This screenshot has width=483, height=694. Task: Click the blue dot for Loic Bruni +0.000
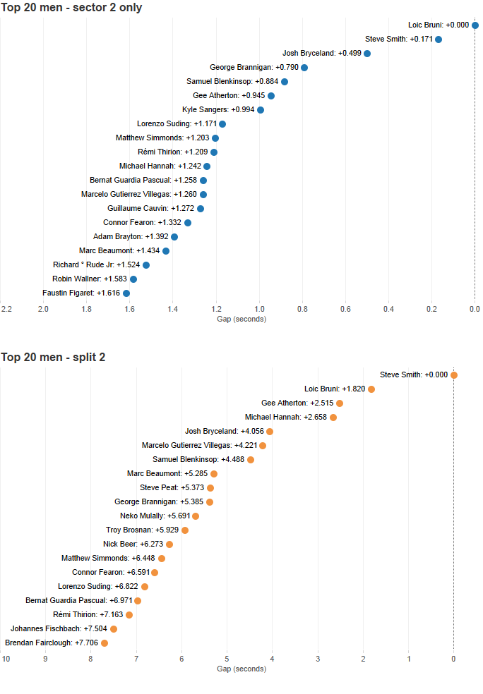(x=475, y=25)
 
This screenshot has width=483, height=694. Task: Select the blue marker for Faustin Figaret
(x=126, y=293)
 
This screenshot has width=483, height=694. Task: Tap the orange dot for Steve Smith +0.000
(x=454, y=375)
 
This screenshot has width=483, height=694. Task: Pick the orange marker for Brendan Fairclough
(x=105, y=643)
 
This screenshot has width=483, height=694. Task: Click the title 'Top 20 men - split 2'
(x=54, y=358)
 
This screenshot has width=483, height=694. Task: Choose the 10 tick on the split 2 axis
(x=6, y=659)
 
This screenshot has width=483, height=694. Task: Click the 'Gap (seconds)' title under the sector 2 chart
(x=241, y=319)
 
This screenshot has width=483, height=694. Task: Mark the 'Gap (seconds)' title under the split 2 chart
(x=241, y=669)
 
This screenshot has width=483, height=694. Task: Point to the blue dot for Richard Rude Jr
(x=146, y=265)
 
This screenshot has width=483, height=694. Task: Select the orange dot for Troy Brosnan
(x=185, y=530)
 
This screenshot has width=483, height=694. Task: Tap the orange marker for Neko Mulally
(x=196, y=516)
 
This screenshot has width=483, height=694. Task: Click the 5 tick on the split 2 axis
(x=227, y=659)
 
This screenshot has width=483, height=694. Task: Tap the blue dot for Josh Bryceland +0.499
(x=367, y=54)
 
